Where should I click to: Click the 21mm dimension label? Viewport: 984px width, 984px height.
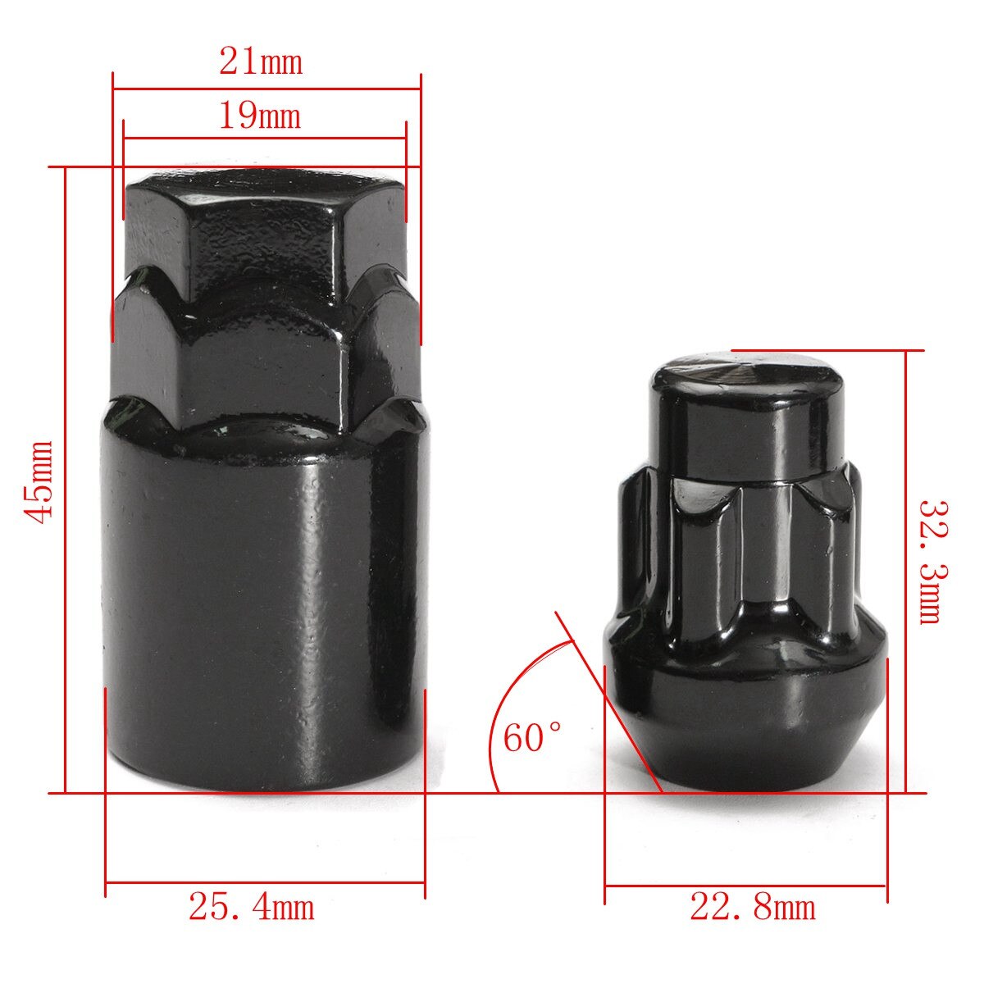tap(261, 61)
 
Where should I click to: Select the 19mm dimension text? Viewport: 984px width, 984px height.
tap(259, 116)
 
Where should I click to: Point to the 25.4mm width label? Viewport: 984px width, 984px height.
tap(252, 907)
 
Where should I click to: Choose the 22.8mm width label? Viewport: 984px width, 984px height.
tap(753, 908)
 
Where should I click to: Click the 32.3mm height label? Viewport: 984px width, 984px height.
tap(929, 561)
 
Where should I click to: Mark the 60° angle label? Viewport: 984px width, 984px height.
tap(533, 737)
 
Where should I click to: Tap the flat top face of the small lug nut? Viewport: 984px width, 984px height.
tap(745, 371)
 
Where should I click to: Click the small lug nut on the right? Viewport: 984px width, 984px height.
tap(745, 574)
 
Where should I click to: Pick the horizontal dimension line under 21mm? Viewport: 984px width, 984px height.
tap(266, 89)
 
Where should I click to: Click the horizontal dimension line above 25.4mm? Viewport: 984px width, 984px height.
tap(265, 883)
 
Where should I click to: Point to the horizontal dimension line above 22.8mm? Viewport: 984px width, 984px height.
tap(745, 886)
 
